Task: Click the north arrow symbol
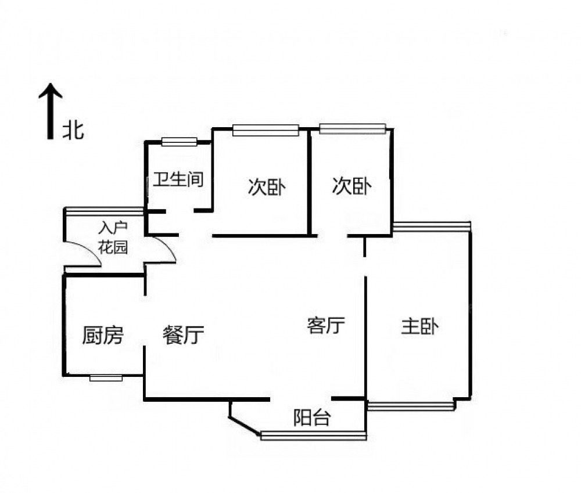pos(51,110)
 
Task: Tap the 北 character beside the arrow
pos(73,130)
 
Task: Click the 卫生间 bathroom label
pos(178,179)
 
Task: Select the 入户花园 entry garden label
pos(112,237)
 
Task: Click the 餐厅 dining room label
pos(183,335)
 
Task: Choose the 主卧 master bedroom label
pos(419,326)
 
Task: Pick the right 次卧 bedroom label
pos(352,187)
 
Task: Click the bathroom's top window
pos(180,141)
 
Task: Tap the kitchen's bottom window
pos(106,377)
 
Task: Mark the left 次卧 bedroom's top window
pos(266,130)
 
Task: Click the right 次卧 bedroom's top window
pos(352,128)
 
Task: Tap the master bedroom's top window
pos(431,226)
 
